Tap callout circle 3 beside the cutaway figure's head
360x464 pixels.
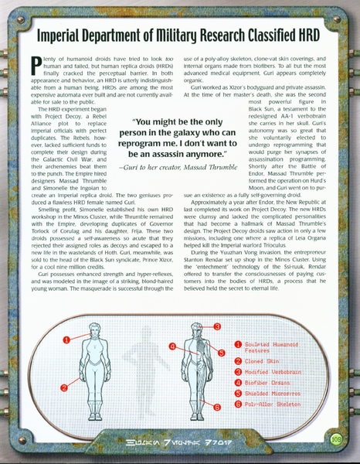pyautogui.click(x=218, y=326)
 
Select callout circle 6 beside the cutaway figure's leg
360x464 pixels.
pyautogui.click(x=217, y=405)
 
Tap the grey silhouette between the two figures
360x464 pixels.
pyautogui.click(x=145, y=363)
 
